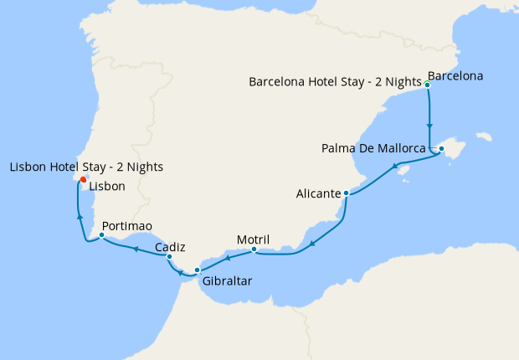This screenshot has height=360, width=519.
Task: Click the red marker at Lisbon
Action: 83,180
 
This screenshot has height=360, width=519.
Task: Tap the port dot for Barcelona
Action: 428,85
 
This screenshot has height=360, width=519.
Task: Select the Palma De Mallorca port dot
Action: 441,149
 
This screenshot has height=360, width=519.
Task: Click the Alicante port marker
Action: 346,193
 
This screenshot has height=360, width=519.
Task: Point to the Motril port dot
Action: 254,249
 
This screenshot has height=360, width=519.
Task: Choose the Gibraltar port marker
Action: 198,270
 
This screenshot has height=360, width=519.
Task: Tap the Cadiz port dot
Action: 169,257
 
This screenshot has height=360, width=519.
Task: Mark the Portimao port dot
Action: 101,235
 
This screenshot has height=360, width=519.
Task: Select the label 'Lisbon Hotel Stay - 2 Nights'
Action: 86,167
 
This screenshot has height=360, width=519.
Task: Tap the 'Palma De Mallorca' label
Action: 373,149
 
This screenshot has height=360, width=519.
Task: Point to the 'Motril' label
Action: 253,239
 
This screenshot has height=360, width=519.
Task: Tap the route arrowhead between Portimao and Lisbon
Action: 80,216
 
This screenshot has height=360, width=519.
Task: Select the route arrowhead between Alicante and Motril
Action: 311,244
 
